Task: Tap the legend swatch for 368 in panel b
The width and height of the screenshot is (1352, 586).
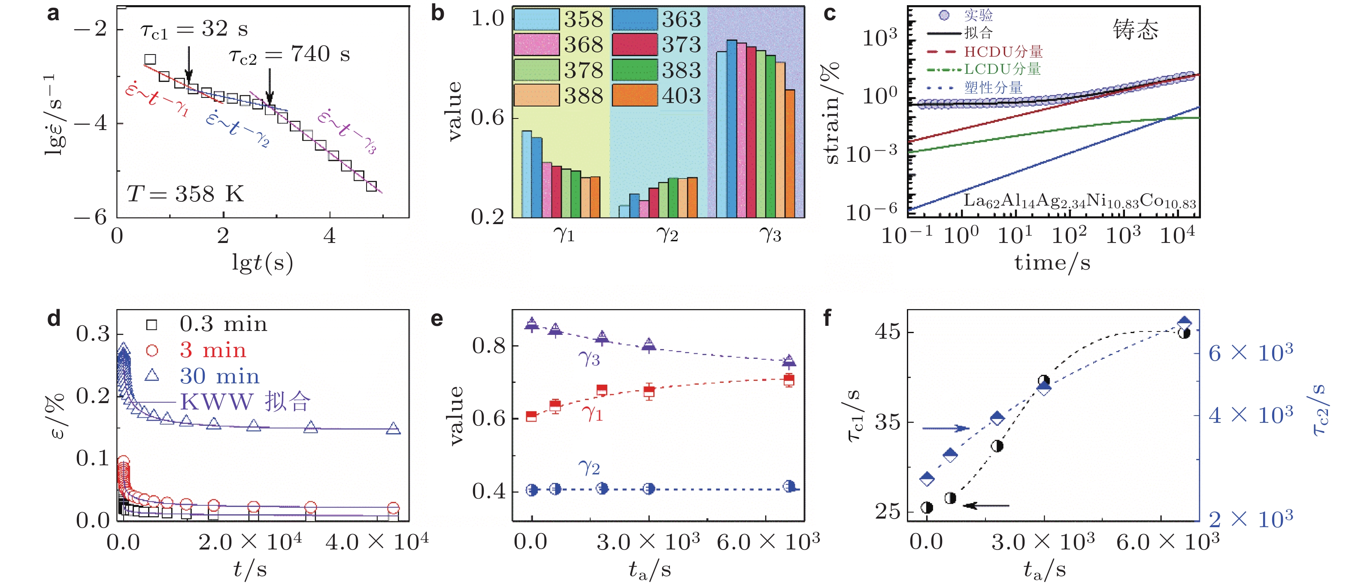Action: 537,45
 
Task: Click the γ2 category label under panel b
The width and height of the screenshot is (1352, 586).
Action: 667,234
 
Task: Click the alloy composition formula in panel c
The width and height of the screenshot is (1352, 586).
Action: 1079,201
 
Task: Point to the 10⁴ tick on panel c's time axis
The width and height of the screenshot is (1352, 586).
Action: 1177,235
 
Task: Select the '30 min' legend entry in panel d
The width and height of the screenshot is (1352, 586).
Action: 219,376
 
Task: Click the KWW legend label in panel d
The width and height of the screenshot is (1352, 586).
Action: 245,402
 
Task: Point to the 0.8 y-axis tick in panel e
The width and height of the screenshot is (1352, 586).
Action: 488,346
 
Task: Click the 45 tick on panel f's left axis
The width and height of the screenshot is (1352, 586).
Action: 887,332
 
